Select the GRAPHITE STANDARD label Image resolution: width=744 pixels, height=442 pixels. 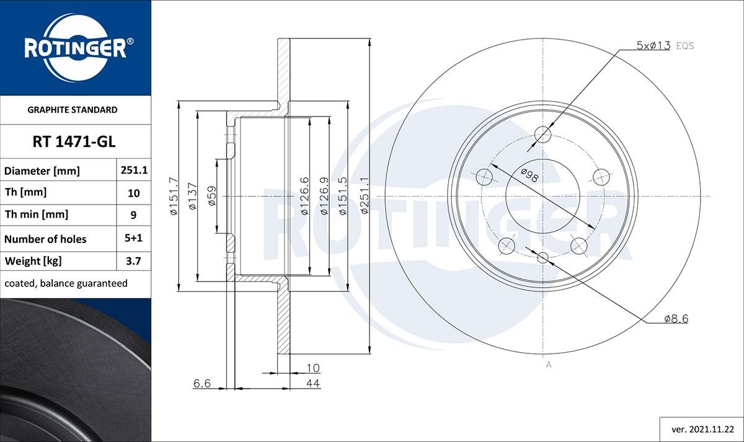pyautogui.click(x=73, y=110)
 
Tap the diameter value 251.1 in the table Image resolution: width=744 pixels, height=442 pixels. pyautogui.click(x=133, y=170)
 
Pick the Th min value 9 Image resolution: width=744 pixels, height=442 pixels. pyautogui.click(x=133, y=215)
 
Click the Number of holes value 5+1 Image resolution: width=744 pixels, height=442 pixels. pyautogui.click(x=133, y=239)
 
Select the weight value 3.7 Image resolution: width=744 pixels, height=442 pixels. pyautogui.click(x=133, y=261)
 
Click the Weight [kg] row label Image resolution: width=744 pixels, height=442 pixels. pyautogui.click(x=33, y=261)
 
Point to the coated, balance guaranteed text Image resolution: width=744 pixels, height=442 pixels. pyautogui.click(x=66, y=283)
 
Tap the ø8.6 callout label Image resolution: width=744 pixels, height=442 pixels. pyautogui.click(x=676, y=319)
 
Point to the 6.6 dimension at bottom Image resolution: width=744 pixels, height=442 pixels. pyautogui.click(x=202, y=384)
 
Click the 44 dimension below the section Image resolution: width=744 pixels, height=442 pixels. pyautogui.click(x=313, y=384)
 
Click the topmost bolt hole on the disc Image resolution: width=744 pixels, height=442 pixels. pyautogui.click(x=543, y=134)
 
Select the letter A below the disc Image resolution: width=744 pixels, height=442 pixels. pyautogui.click(x=548, y=365)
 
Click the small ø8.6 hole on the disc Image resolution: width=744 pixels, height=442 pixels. pyautogui.click(x=543, y=257)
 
